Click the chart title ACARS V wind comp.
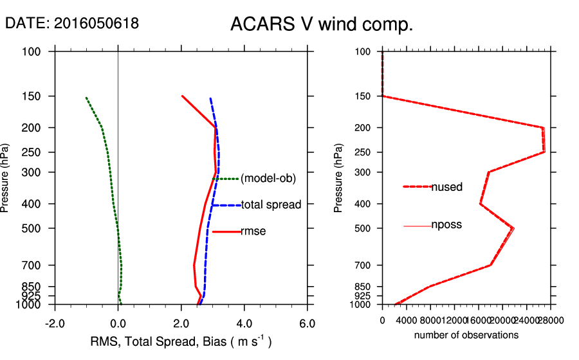321,25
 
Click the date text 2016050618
96,24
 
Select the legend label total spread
271,205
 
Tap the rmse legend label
253,231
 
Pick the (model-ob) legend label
268,179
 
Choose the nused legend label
447,186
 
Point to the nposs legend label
446,225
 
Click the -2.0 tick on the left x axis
55,323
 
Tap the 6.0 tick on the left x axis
308,323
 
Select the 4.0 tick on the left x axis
244,323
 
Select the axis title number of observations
466,335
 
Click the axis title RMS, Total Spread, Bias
180,341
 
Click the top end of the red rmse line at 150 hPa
182,96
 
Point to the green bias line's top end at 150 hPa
86,98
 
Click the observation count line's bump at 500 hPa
513,228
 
